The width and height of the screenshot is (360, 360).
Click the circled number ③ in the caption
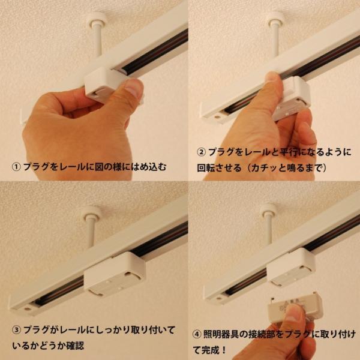[16, 329]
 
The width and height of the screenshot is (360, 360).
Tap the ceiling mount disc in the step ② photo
[275, 16]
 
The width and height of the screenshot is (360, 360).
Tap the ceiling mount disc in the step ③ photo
[92, 211]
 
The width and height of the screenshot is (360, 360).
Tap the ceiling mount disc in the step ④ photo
[269, 209]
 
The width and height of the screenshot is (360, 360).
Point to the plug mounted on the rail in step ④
[290, 267]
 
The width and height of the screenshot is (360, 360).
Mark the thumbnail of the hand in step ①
[134, 88]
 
